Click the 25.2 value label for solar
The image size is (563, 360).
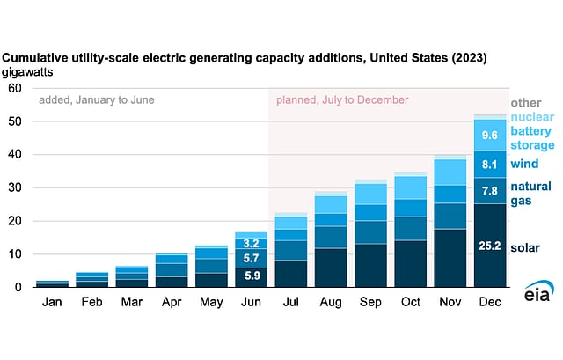pyautogui.click(x=490, y=246)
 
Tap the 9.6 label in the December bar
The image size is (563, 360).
pyautogui.click(x=490, y=136)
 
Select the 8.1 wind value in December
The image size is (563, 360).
pyautogui.click(x=490, y=164)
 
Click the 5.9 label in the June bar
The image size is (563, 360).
pyautogui.click(x=251, y=276)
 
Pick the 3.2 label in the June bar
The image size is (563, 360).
pyautogui.click(x=251, y=243)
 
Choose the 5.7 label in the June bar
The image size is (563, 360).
pyautogui.click(x=251, y=258)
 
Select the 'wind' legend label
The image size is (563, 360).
pyautogui.click(x=525, y=164)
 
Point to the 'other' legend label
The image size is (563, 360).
pyautogui.click(x=525, y=103)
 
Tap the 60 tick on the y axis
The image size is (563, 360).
pyautogui.click(x=15, y=88)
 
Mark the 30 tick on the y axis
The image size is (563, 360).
pyautogui.click(x=15, y=187)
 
